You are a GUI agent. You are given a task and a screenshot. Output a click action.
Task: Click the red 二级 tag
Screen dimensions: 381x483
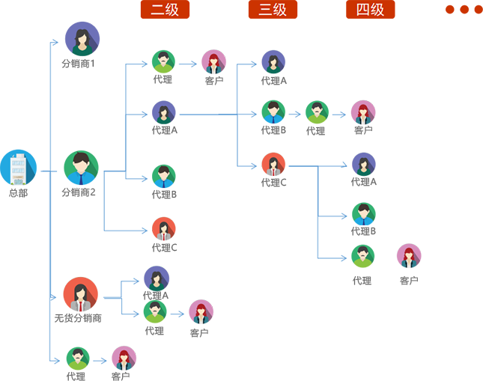(165, 10)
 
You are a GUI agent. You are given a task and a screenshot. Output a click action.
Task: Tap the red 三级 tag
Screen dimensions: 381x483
(273, 10)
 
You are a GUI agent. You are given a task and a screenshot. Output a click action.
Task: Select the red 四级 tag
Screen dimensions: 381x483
(370, 10)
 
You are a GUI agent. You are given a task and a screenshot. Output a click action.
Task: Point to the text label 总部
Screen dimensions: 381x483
(19, 194)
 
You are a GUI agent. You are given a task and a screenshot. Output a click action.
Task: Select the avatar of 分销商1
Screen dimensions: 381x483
(82, 39)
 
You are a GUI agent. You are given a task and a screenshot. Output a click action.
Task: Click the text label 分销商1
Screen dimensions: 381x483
(82, 64)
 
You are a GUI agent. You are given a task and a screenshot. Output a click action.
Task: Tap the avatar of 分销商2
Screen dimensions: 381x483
(81, 168)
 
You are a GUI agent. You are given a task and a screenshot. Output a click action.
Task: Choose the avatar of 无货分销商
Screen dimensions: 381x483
(80, 294)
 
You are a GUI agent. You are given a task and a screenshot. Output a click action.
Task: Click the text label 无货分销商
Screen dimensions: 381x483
(78, 318)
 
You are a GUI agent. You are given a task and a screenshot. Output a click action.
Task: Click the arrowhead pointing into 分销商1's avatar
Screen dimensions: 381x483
(61, 40)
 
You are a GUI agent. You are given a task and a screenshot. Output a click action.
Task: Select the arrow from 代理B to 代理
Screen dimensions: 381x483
(294, 114)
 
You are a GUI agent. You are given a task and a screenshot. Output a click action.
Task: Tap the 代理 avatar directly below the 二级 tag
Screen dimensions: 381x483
(163, 61)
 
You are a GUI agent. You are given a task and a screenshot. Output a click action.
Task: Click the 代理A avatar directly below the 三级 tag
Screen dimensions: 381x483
(273, 61)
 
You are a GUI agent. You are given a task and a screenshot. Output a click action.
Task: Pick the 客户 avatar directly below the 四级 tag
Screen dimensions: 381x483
(363, 112)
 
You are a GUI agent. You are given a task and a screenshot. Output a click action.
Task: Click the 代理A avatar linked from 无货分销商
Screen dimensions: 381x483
(156, 278)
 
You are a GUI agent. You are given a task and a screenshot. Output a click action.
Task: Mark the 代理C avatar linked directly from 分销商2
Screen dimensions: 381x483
(163, 228)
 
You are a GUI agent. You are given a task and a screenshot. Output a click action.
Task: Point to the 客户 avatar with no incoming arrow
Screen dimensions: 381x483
(409, 256)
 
